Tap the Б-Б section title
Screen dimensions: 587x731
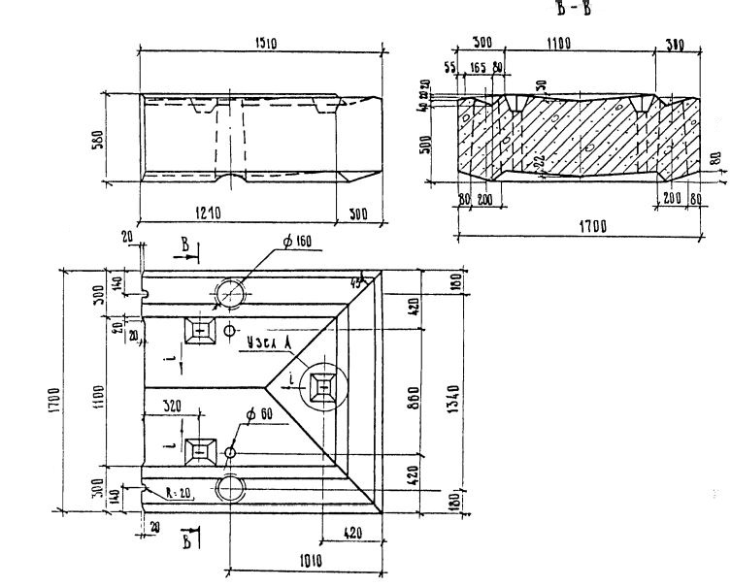pyautogui.click(x=579, y=10)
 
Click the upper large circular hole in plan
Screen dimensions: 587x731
pyautogui.click(x=232, y=293)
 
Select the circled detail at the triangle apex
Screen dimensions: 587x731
pyautogui.click(x=322, y=385)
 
